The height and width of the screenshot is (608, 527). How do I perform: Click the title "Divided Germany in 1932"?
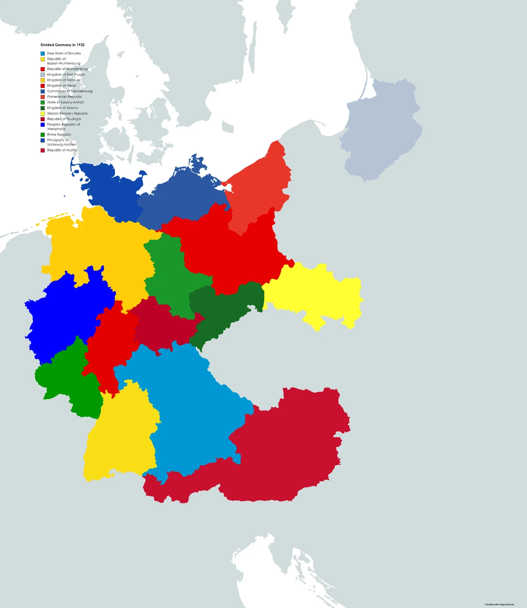click(62, 45)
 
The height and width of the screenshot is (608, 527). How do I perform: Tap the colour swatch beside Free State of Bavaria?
click(43, 54)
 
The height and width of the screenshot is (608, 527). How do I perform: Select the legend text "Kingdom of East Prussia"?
click(66, 75)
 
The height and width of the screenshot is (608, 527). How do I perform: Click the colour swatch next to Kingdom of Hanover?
click(43, 80)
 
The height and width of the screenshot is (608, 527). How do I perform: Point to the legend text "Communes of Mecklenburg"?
click(69, 91)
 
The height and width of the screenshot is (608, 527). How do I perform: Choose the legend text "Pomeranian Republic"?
click(65, 97)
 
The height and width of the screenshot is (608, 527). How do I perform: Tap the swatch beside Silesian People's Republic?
click(43, 114)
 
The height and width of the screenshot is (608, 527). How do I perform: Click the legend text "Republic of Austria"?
click(62, 150)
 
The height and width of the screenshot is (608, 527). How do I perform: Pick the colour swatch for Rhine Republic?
click(43, 135)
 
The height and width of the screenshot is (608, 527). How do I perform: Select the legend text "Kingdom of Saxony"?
click(63, 108)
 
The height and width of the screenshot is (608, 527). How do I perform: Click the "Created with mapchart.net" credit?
click(499, 604)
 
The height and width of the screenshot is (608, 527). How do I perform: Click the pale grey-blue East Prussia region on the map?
click(380, 132)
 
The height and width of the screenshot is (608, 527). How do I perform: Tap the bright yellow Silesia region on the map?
click(316, 294)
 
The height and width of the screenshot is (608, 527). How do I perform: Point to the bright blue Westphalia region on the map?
click(66, 312)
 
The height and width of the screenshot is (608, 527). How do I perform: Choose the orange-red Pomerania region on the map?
click(259, 189)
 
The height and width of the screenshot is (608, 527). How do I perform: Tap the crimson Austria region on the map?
click(285, 452)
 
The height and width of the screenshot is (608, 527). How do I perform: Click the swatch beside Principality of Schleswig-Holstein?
click(43, 140)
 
